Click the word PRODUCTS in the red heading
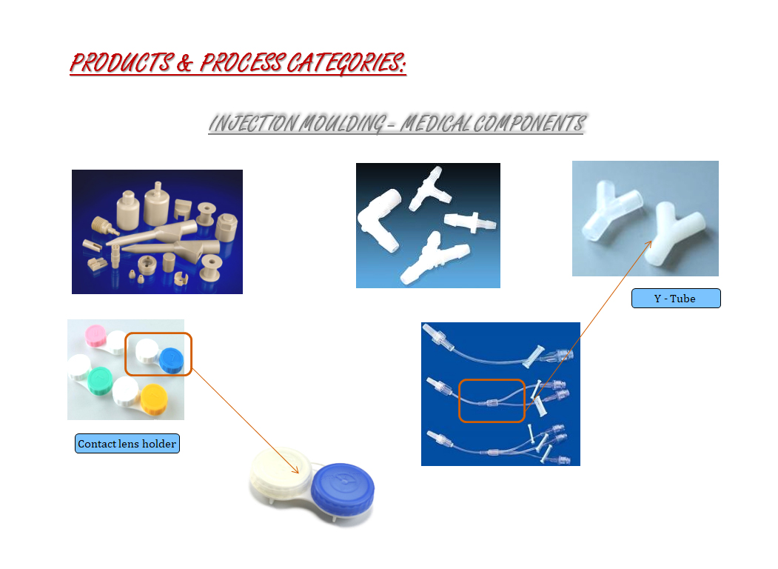pos(122,63)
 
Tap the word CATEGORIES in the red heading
pos(346,63)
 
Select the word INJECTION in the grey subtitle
pos(254,124)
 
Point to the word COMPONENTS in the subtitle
pos(529,124)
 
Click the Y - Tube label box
pos(676,299)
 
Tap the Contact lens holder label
pos(127,443)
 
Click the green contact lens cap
pos(100,381)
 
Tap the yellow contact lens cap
pos(154,399)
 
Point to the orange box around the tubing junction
pos(460,400)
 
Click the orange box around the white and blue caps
pos(126,353)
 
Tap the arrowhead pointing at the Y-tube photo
pos(649,244)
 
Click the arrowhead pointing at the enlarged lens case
pos(295,470)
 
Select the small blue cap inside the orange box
pos(172,360)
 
